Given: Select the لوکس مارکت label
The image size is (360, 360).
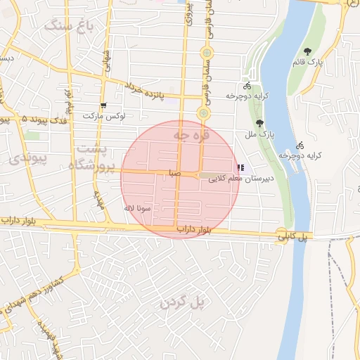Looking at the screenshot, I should (x=103, y=115).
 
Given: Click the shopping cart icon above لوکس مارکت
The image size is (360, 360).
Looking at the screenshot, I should (x=104, y=105).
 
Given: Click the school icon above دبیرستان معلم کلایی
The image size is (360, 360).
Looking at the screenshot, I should (x=241, y=168).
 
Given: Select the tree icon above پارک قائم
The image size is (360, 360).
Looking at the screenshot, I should (x=308, y=51).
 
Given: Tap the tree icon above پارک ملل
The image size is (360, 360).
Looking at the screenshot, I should (x=259, y=123).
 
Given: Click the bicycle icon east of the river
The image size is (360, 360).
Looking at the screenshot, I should (x=301, y=145).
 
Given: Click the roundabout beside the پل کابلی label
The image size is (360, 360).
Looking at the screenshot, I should (x=281, y=235).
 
